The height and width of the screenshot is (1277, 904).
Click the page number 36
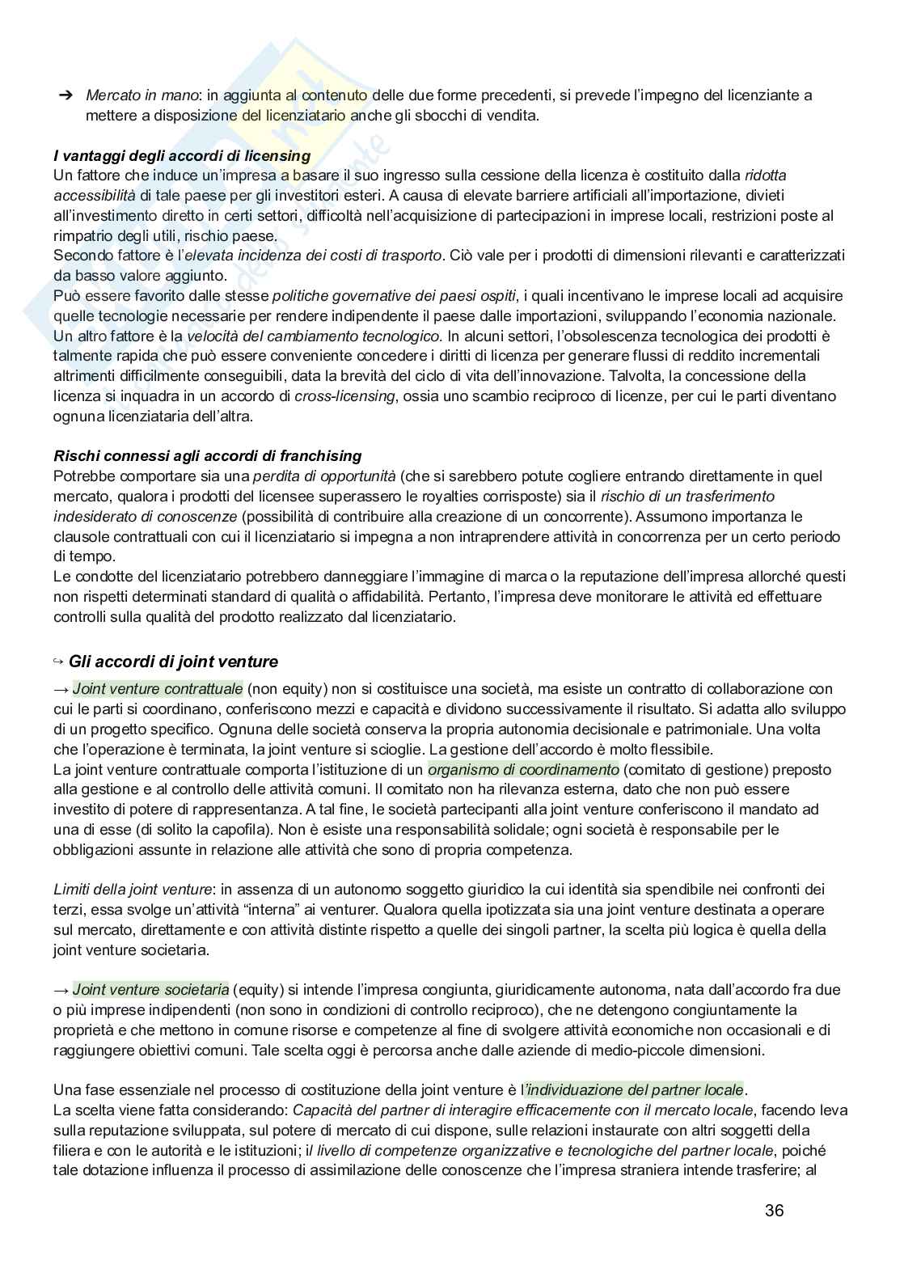tap(774, 1211)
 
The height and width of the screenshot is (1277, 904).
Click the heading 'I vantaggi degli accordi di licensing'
tap(182, 155)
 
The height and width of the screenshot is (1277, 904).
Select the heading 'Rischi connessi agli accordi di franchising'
tap(207, 456)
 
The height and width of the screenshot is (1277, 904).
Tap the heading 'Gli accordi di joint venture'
tap(173, 662)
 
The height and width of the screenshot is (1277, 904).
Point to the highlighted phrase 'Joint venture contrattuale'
tap(158, 689)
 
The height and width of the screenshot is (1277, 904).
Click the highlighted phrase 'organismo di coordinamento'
tap(523, 769)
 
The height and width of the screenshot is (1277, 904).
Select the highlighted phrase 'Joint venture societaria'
tap(150, 989)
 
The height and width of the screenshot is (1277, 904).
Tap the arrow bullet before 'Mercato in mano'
tap(65, 95)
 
